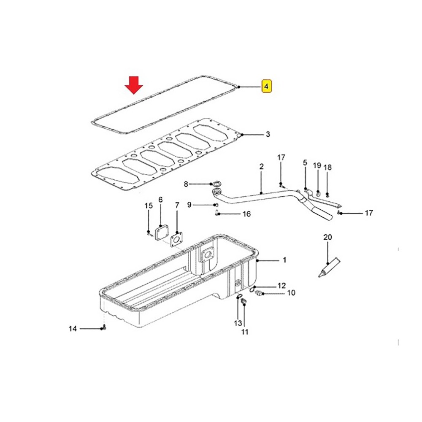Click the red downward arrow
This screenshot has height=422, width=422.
pos(134,85)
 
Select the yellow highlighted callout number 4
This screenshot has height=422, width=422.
pos(266,87)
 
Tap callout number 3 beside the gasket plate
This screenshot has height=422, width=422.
pos(268,134)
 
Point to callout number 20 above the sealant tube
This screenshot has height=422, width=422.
pos(327,237)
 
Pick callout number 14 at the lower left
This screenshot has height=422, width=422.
pos(73,329)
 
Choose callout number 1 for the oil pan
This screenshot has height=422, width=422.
pos(284,260)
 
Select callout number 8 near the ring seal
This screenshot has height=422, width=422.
pos(186,184)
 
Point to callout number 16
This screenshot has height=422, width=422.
pos(246,214)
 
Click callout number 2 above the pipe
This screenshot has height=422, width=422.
pos(261,167)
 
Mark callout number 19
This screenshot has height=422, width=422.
pos(317,165)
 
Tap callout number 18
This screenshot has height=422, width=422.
pos(327,168)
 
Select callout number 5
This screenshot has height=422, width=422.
pos(305,162)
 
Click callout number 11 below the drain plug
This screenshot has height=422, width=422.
pos(244,332)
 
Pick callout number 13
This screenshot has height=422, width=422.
pos(238,323)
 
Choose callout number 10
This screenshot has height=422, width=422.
pos(291,292)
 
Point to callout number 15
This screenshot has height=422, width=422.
pos(148,206)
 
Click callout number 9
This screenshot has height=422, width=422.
pos(189,205)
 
